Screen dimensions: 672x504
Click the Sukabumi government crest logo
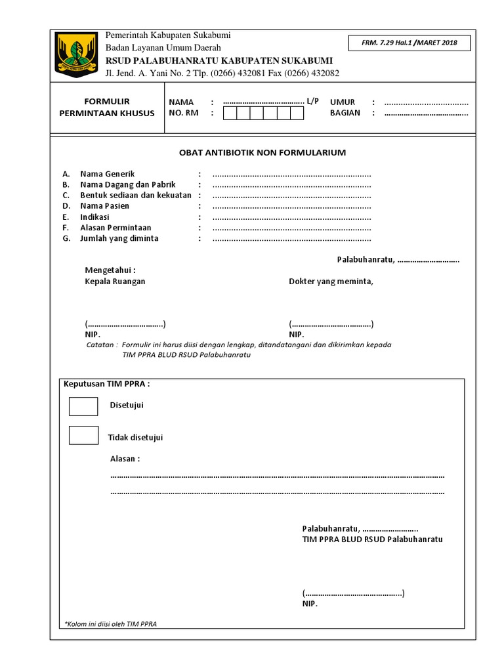[x=77, y=54]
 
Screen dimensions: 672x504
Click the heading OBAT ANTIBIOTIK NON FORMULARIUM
[x=262, y=153]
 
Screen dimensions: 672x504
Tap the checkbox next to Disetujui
[x=83, y=406]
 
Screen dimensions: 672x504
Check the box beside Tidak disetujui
[x=83, y=435]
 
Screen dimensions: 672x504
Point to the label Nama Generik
[x=107, y=174]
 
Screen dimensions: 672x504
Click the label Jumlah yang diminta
[x=119, y=238]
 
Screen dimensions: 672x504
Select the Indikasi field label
[x=94, y=217]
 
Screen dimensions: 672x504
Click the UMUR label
[x=343, y=102]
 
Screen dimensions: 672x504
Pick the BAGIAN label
[x=345, y=113]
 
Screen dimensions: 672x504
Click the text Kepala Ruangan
[x=115, y=281]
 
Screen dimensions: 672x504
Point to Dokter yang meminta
[x=331, y=281]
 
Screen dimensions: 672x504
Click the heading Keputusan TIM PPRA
[x=107, y=384]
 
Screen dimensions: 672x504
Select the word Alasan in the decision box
[x=124, y=459]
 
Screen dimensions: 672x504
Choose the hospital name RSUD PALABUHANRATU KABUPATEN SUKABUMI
[x=219, y=60]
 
